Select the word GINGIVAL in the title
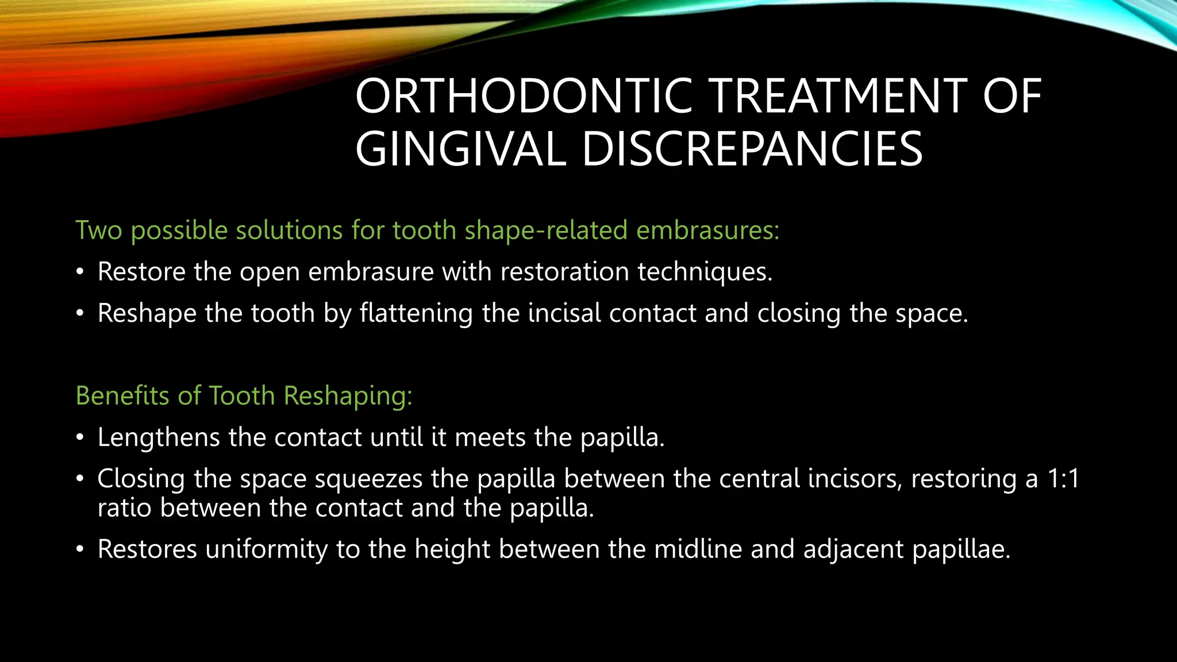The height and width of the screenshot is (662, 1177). (x=460, y=149)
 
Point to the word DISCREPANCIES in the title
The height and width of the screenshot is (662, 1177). (x=753, y=149)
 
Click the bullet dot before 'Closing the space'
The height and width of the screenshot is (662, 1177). (x=80, y=479)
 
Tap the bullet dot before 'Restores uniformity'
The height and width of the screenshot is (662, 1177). (x=80, y=550)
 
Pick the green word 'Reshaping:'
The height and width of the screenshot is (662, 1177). (x=348, y=397)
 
